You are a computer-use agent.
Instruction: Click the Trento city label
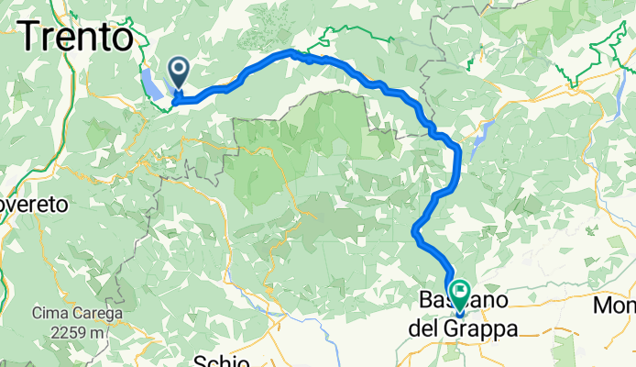click(x=75, y=37)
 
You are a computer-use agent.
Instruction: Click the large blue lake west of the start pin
click(x=151, y=84)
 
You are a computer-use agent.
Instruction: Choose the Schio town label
click(x=222, y=360)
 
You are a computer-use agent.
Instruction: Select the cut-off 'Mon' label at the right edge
click(x=616, y=305)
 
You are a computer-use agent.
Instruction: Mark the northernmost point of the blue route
click(x=291, y=51)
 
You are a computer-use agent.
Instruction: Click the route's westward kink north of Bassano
click(x=416, y=228)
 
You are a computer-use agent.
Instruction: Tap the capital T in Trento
click(x=30, y=37)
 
